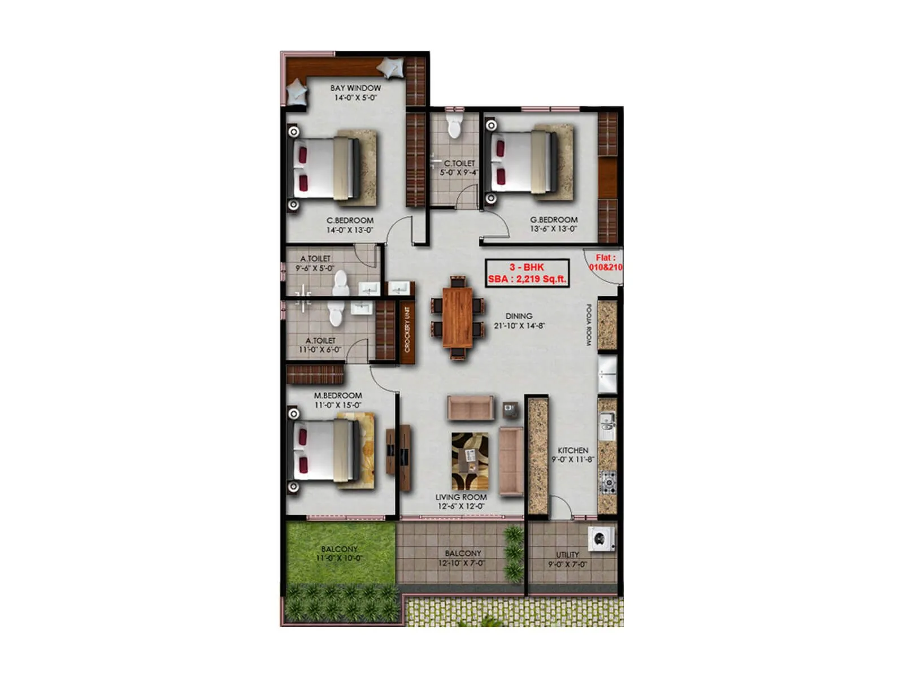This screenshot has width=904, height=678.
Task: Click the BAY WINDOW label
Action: (x=355, y=88)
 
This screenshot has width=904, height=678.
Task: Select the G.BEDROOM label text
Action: (x=554, y=220)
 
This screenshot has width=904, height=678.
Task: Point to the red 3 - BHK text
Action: (x=527, y=267)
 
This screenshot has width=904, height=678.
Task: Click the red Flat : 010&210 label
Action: (x=606, y=262)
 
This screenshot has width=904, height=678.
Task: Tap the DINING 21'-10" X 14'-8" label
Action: (x=519, y=321)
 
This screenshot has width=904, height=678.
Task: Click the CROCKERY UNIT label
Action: (x=407, y=329)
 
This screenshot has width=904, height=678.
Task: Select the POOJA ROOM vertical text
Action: (x=588, y=325)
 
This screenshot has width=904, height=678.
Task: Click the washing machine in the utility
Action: (x=601, y=539)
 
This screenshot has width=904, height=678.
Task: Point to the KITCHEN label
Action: (x=573, y=450)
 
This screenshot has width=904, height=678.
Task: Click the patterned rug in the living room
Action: (x=470, y=461)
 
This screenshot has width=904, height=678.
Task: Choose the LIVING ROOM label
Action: (x=461, y=497)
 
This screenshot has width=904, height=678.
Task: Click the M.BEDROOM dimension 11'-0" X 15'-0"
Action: (x=338, y=405)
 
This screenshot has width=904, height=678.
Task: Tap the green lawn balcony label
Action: (x=339, y=553)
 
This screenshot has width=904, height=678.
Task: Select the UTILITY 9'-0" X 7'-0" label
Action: (x=567, y=559)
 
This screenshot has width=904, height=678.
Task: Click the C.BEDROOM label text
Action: (x=350, y=220)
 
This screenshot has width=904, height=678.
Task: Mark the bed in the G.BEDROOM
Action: (x=526, y=162)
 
